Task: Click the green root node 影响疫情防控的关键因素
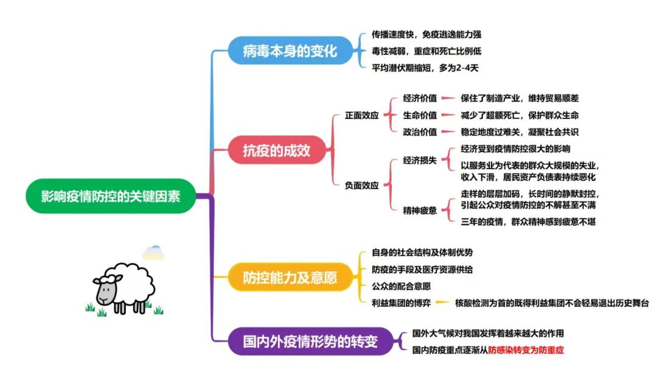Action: (110, 196)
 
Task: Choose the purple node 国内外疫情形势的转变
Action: (310, 342)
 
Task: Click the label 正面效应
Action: (362, 115)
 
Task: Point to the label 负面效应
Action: (362, 186)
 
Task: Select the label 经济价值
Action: (420, 98)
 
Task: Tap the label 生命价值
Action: (420, 115)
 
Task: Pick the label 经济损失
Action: (420, 160)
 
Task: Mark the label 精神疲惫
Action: (420, 210)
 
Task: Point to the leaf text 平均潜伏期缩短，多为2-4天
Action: (425, 68)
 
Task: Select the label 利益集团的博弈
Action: (401, 303)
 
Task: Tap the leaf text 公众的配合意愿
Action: (401, 286)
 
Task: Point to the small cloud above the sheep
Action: (153, 252)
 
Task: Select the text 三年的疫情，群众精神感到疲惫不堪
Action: (528, 222)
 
